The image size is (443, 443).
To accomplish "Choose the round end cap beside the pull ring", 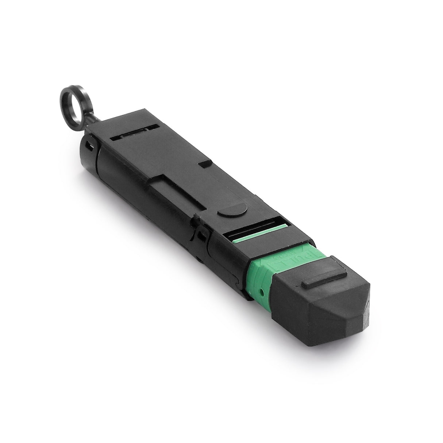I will click(87, 153).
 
